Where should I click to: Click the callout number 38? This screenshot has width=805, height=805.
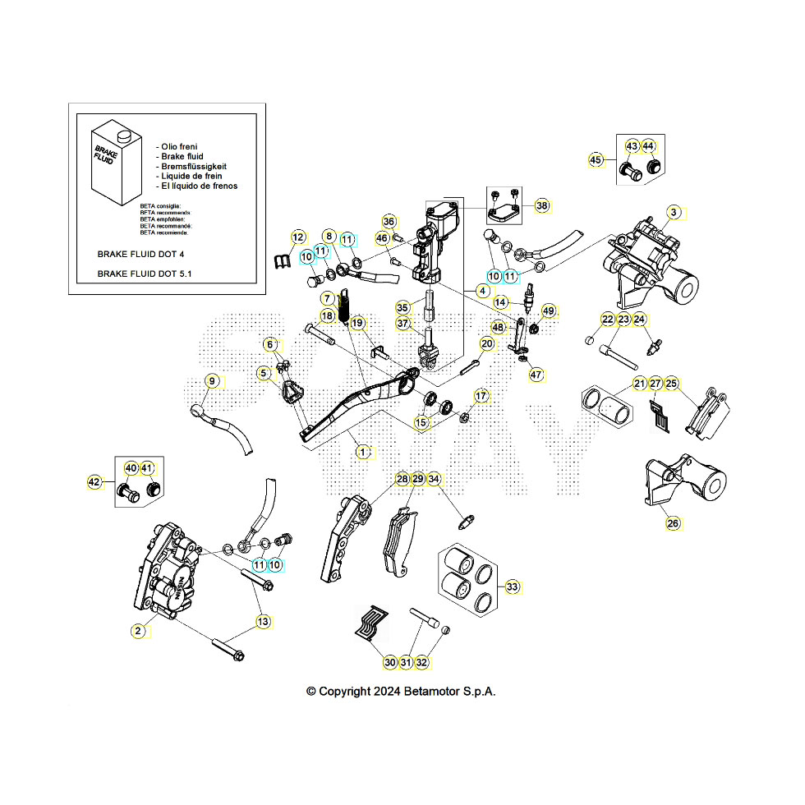click(x=541, y=205)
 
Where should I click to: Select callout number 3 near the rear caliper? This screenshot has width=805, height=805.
click(x=673, y=213)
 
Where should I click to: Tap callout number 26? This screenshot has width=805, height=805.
click(x=673, y=523)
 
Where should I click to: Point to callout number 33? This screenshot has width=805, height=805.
click(x=513, y=586)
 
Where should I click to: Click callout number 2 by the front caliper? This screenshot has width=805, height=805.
click(x=139, y=631)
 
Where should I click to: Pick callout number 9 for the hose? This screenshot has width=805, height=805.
click(x=212, y=381)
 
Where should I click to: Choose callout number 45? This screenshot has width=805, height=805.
click(x=596, y=160)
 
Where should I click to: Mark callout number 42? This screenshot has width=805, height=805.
click(x=94, y=483)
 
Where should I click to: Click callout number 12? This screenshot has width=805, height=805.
click(x=297, y=238)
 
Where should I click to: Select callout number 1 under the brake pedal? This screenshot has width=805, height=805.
click(x=362, y=451)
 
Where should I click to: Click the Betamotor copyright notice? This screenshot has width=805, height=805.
click(x=401, y=691)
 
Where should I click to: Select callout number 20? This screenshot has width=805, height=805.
click(x=487, y=344)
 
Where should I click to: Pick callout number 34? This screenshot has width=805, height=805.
click(x=435, y=479)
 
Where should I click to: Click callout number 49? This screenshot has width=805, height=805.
click(x=549, y=311)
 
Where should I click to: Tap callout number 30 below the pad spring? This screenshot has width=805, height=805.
click(x=389, y=662)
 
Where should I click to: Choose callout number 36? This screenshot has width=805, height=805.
click(x=389, y=222)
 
